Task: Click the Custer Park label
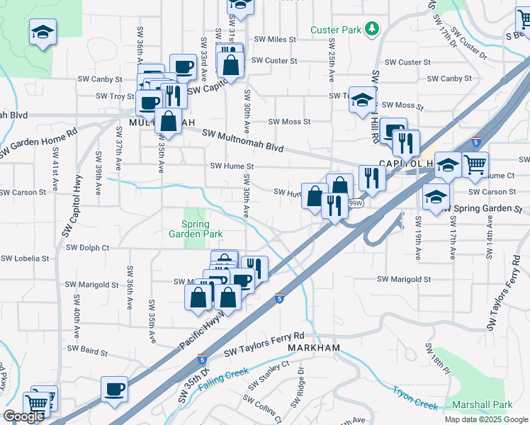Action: [337, 30]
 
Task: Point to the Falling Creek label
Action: [224, 378]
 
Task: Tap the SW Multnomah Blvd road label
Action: [243, 142]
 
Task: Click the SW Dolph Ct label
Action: [88, 248]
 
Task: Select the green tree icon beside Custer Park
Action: [371, 29]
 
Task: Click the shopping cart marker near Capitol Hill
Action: [475, 164]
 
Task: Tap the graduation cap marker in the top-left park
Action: [43, 32]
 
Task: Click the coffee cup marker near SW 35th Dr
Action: [115, 389]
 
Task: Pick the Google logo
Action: [24, 416]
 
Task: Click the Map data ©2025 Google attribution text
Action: [485, 419]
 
